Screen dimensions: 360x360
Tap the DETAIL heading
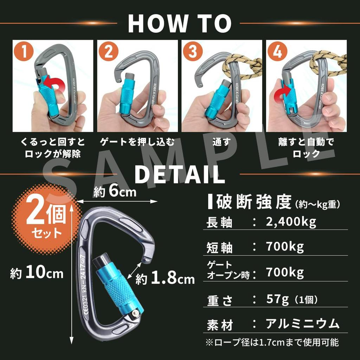180,174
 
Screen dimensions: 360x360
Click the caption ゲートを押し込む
137,142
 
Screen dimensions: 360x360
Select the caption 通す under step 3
221,142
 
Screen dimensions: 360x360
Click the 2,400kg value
291,221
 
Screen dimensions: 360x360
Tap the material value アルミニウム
302,323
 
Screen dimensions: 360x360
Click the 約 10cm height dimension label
37,273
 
